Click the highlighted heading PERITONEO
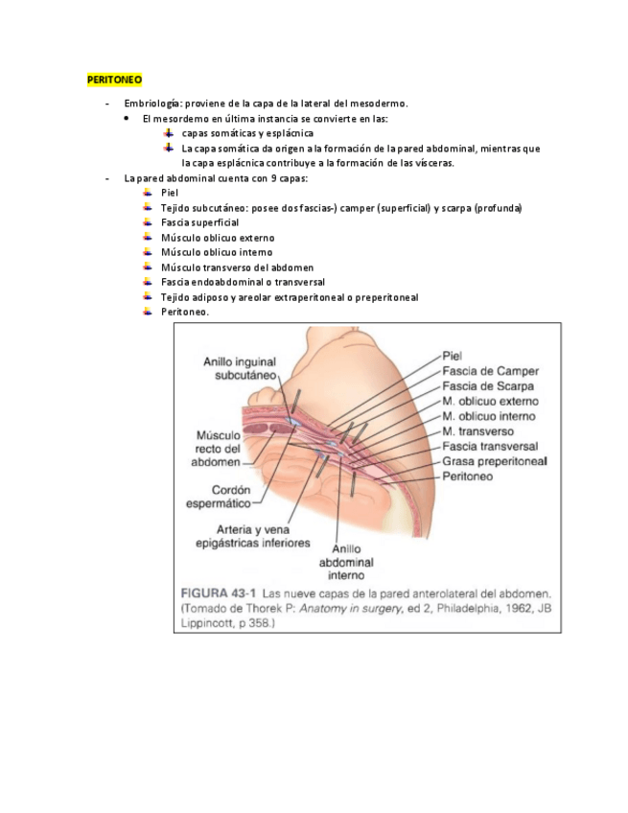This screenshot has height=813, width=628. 114,78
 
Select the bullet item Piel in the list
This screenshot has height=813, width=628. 171,193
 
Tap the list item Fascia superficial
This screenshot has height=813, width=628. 199,222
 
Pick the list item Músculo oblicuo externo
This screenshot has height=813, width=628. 218,238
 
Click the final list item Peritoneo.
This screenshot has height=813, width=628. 185,312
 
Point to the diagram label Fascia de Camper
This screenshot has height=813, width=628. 491,371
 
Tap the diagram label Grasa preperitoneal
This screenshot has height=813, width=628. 495,461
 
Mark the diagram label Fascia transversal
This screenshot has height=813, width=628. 490,446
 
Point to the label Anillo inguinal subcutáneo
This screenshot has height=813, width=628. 240,369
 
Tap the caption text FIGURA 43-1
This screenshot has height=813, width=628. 219,592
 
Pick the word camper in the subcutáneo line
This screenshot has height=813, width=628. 356,208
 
